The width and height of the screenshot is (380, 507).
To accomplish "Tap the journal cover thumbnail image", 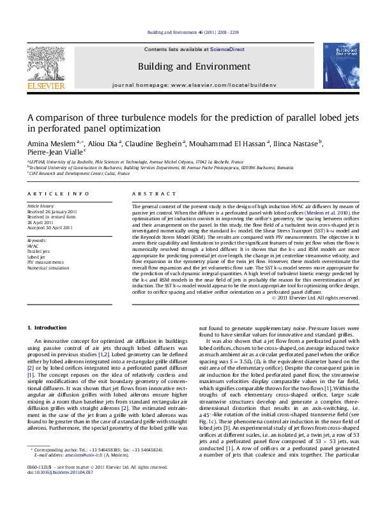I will click(x=337, y=66).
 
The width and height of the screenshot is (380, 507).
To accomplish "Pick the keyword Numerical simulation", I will click(x=48, y=268).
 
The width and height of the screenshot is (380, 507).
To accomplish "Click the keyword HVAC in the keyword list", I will click(x=33, y=245).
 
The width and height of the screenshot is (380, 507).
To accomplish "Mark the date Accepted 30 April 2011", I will click(x=50, y=227).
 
